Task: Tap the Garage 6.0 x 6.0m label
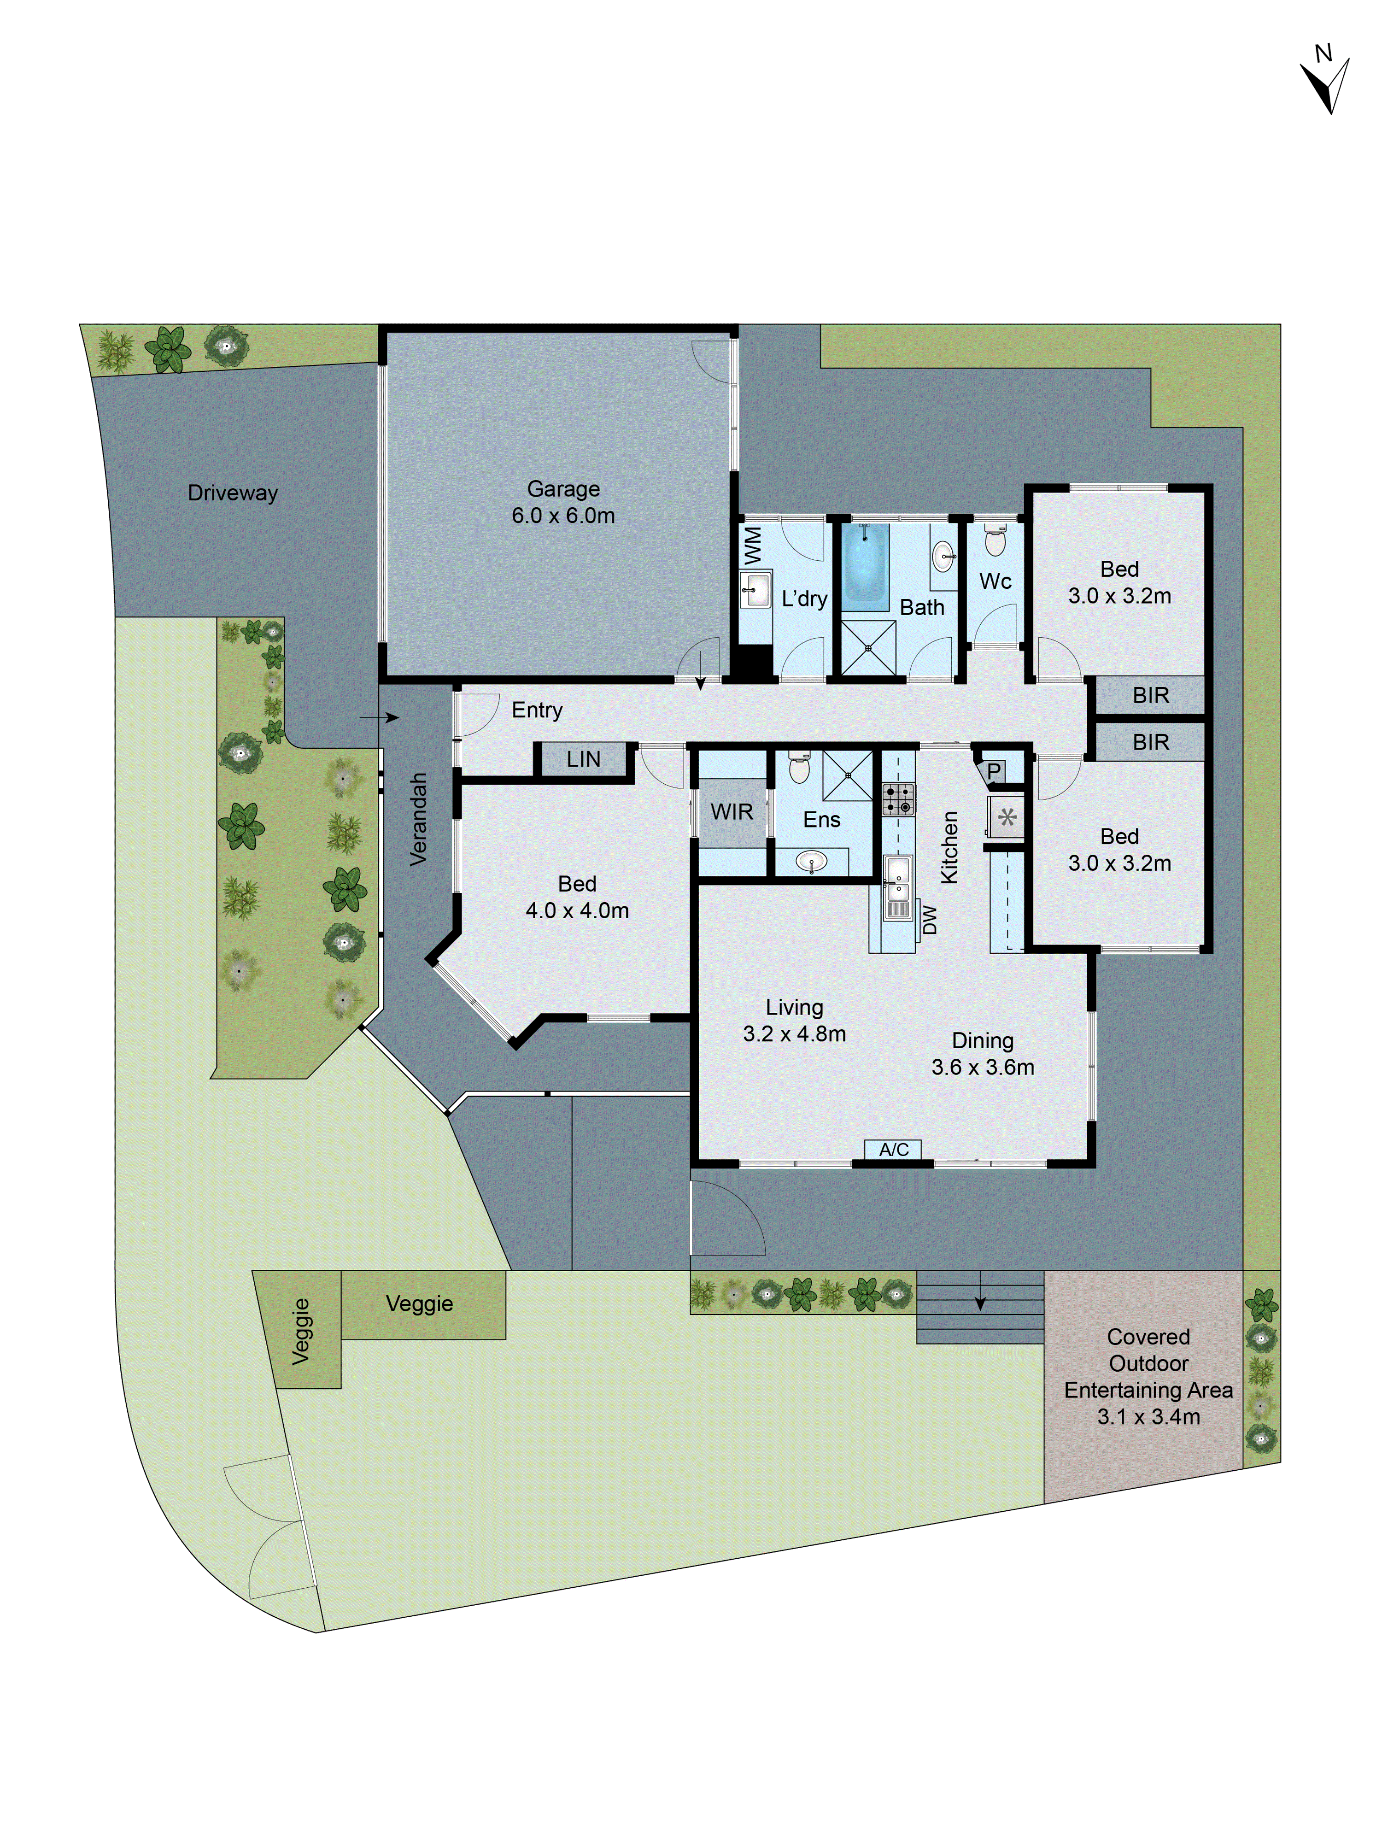coord(563,502)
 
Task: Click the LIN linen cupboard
coord(583,759)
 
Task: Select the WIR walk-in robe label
coord(732,811)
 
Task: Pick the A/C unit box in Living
coord(893,1150)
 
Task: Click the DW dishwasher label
coord(930,920)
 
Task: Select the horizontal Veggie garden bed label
coord(419,1304)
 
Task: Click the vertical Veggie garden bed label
coord(301,1332)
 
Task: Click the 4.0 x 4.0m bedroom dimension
coord(576,910)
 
